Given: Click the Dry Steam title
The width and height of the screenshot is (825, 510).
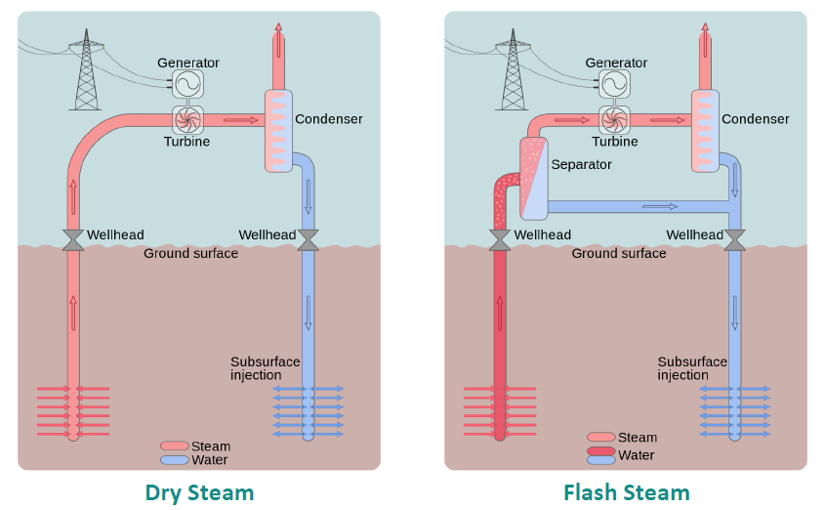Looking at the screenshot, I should click(199, 492).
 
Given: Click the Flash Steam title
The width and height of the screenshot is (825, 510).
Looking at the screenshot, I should click(626, 492).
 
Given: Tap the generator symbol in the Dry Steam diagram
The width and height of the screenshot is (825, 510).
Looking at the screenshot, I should click(187, 85).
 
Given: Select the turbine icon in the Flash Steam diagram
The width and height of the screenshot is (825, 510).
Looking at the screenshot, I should click(615, 119).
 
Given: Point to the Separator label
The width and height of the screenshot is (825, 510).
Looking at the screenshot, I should click(581, 164).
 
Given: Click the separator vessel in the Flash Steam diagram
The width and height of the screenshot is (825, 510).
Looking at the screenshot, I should click(533, 178).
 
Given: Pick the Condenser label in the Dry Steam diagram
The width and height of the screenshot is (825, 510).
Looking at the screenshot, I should click(329, 119).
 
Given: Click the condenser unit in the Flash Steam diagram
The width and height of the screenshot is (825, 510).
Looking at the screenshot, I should click(705, 131).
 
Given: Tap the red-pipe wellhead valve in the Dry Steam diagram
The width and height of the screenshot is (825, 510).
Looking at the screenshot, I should click(73, 240).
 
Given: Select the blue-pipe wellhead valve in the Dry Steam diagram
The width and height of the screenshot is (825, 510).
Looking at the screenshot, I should click(308, 239).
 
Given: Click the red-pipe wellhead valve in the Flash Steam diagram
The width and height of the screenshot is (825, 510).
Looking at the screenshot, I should click(500, 240).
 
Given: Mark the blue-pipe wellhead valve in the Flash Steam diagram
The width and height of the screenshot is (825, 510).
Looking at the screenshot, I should click(735, 239).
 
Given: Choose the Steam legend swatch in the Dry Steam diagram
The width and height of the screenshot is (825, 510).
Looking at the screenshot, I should click(175, 446).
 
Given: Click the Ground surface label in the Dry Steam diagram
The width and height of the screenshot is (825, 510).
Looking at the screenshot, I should click(190, 254).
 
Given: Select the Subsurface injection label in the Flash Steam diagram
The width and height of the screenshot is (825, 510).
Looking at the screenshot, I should click(691, 368).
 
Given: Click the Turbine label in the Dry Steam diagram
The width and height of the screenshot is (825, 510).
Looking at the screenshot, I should click(186, 142).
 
